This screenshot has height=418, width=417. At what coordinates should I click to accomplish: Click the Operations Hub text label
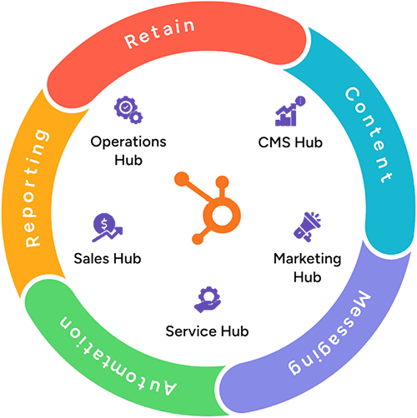pos(128,151)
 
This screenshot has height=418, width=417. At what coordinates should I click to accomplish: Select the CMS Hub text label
pos(292,142)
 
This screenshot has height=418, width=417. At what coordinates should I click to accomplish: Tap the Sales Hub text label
pos(107,258)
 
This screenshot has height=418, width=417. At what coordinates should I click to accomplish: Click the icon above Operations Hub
pos(126,109)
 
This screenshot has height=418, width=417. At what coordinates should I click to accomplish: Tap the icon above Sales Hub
pos(103,222)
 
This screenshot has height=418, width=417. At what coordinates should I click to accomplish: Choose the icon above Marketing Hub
pos(309,223)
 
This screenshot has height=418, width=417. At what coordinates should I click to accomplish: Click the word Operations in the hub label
pos(128,142)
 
